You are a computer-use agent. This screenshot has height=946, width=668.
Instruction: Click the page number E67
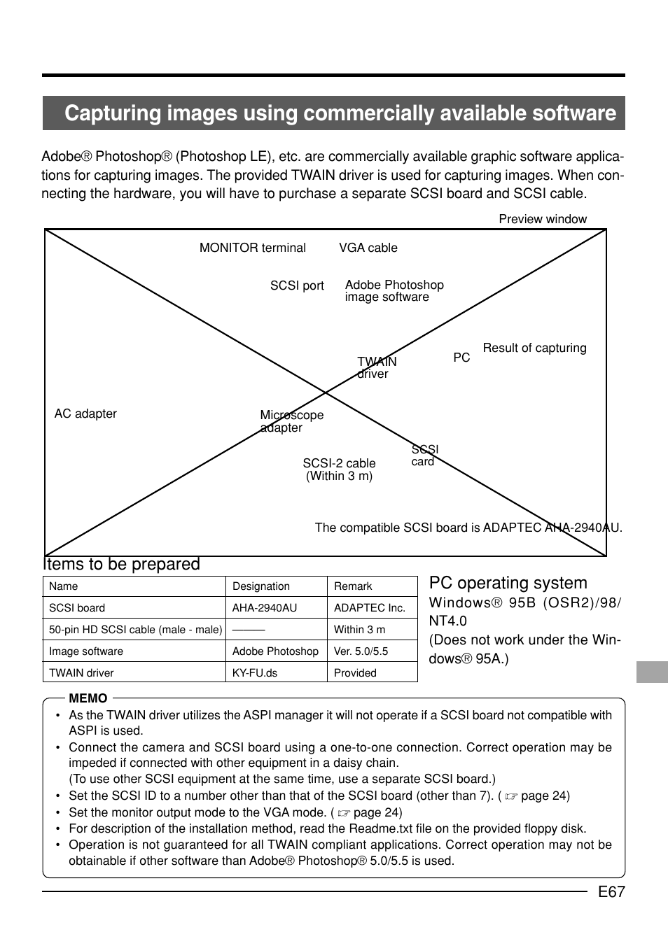click(x=611, y=891)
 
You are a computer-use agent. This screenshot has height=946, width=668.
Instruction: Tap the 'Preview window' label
click(x=542, y=219)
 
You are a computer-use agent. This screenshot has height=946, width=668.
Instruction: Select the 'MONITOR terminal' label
click(x=252, y=248)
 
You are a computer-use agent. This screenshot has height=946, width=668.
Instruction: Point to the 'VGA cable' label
click(x=368, y=248)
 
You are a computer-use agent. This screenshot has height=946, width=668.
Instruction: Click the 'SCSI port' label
click(x=297, y=285)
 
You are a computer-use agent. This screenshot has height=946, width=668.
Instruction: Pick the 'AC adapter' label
click(x=85, y=414)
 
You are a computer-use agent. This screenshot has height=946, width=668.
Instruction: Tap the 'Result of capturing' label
click(x=534, y=348)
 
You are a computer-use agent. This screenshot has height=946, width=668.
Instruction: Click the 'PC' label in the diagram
click(x=461, y=358)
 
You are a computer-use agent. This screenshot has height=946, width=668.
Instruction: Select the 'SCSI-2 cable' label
click(x=339, y=463)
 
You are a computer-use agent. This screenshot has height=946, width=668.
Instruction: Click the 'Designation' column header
click(x=260, y=586)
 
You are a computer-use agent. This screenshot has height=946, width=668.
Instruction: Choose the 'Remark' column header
click(x=353, y=586)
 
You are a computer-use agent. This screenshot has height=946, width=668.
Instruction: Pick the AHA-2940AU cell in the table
click(x=264, y=608)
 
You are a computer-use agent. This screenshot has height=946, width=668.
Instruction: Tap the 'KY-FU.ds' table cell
click(x=256, y=673)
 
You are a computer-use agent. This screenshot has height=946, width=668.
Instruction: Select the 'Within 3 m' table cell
click(x=359, y=630)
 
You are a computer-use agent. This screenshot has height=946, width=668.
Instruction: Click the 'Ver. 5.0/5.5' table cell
click(x=361, y=651)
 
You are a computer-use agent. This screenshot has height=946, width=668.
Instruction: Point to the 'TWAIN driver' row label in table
click(x=81, y=673)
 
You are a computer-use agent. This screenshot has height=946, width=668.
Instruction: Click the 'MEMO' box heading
click(x=88, y=698)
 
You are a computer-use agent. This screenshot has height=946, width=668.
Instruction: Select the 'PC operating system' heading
click(x=508, y=583)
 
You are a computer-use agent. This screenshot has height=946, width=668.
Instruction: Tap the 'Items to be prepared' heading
click(x=122, y=564)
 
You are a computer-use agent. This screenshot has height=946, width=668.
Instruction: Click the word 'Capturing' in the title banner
click(x=112, y=113)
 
